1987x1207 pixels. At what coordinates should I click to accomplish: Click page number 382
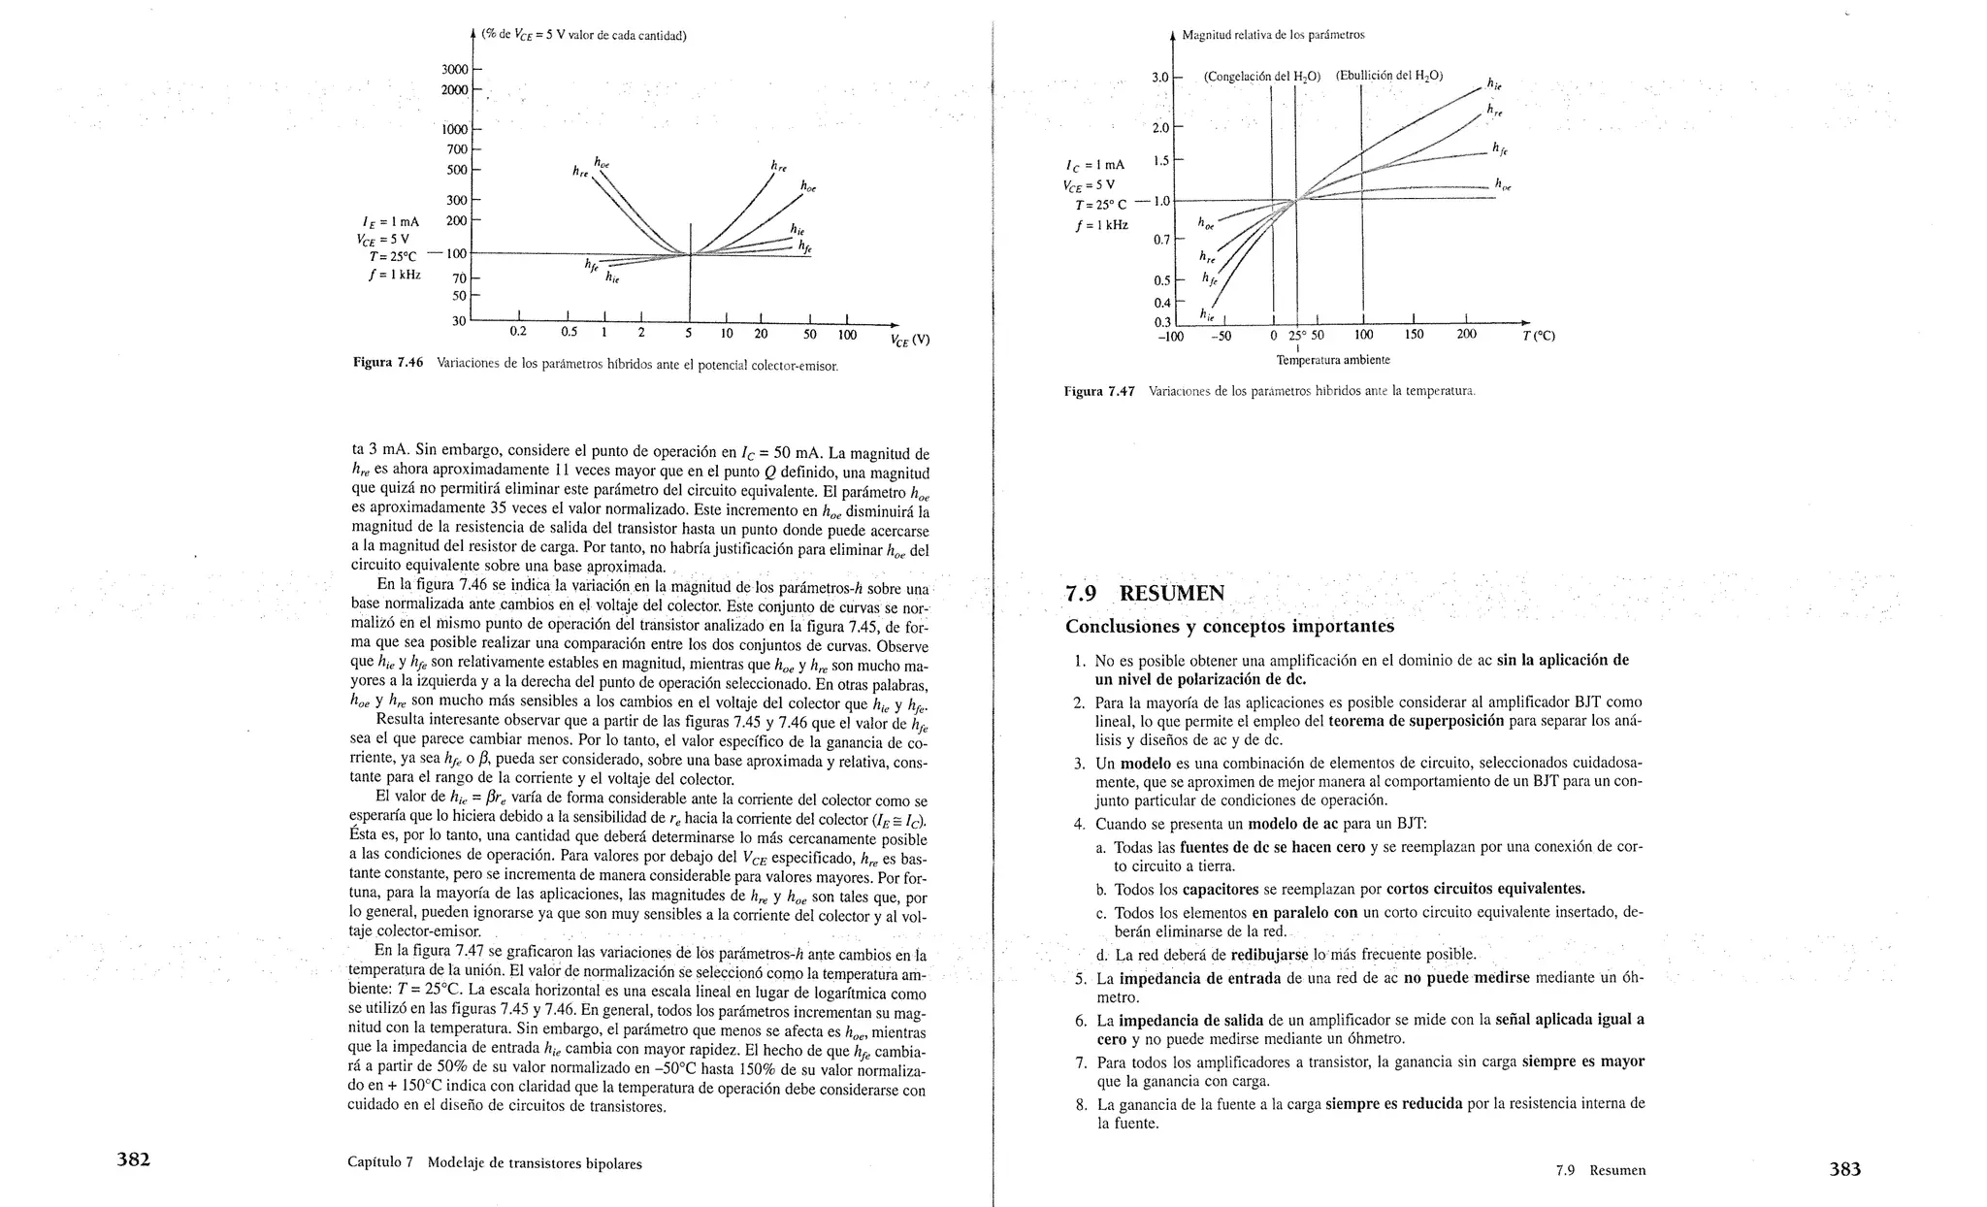click(x=133, y=1159)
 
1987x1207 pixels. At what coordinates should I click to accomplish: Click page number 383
click(x=1844, y=1169)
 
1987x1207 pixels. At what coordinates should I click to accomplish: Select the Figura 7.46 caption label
click(x=388, y=363)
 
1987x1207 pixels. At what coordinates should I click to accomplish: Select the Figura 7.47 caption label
click(x=1099, y=392)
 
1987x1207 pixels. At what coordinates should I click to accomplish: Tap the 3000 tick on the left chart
click(x=454, y=70)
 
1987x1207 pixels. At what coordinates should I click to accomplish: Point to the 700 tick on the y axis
click(x=457, y=149)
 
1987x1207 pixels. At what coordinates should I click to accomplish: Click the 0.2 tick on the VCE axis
click(x=518, y=332)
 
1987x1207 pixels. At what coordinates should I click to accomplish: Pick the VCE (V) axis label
click(x=910, y=340)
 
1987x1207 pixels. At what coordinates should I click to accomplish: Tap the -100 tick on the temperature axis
click(x=1171, y=337)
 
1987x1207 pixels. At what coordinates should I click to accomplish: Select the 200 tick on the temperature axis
click(x=1466, y=335)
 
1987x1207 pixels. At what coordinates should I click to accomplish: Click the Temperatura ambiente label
click(x=1332, y=360)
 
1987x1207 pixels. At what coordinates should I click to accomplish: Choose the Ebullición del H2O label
click(x=1388, y=76)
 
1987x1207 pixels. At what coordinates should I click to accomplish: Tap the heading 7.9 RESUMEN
click(x=1145, y=593)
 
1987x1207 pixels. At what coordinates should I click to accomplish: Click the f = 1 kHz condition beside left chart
click(x=395, y=275)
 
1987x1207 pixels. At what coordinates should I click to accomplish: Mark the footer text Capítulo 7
click(x=380, y=1163)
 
